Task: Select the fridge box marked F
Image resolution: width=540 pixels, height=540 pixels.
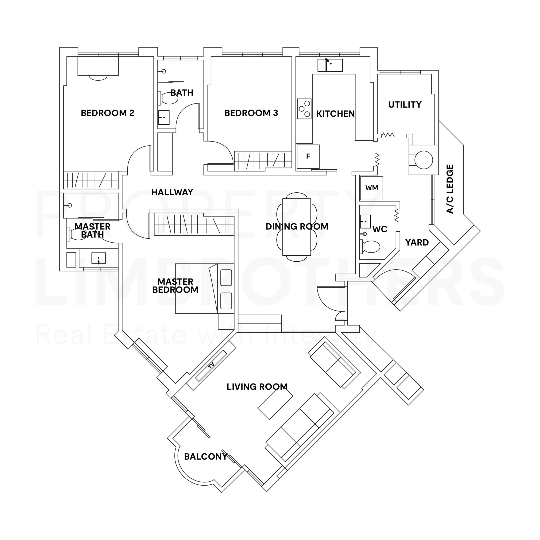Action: pyautogui.click(x=308, y=156)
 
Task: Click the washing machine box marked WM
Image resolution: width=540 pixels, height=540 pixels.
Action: pyautogui.click(x=371, y=188)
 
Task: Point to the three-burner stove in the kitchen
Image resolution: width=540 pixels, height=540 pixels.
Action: pyautogui.click(x=304, y=108)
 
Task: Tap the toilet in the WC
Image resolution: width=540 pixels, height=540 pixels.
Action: pyautogui.click(x=371, y=247)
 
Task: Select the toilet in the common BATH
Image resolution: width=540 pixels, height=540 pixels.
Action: pyautogui.click(x=169, y=98)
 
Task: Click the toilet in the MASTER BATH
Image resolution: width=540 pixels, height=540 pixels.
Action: pyautogui.click(x=78, y=234)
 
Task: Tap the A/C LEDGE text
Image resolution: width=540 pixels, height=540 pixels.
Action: pyautogui.click(x=450, y=189)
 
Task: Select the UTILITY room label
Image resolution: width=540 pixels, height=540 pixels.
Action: pyautogui.click(x=405, y=105)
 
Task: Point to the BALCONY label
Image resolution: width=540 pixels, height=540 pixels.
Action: pyautogui.click(x=205, y=457)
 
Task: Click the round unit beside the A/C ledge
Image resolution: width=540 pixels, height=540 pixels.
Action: pyautogui.click(x=423, y=160)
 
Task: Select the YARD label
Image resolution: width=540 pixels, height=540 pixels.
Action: pyautogui.click(x=417, y=242)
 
